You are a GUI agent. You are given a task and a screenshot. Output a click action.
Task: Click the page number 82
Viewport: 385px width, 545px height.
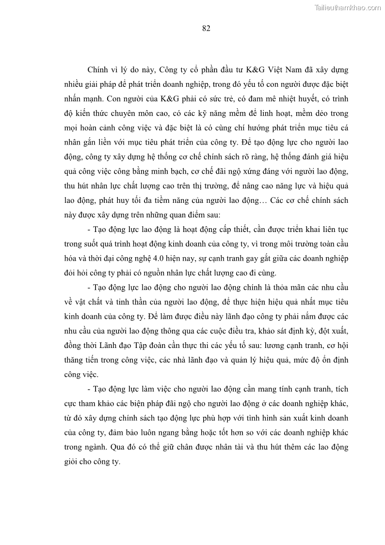(x=206, y=28)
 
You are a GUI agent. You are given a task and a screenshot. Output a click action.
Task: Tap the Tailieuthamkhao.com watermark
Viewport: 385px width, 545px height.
(x=348, y=7)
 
